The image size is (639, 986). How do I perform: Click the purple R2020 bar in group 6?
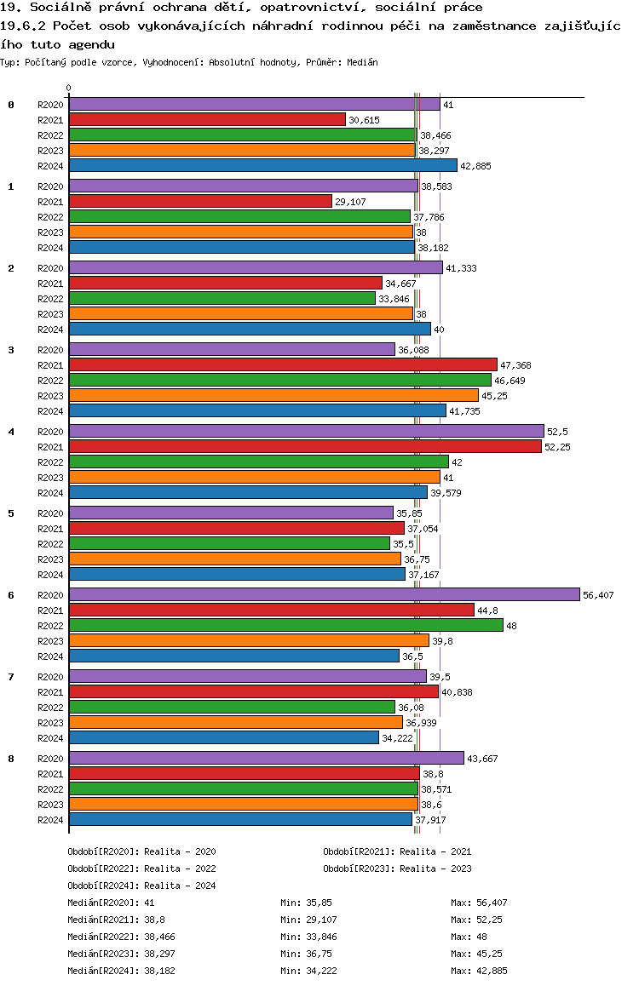coord(324,595)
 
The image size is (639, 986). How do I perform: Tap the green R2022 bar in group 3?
coord(279,381)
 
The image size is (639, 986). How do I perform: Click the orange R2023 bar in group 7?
coord(235,723)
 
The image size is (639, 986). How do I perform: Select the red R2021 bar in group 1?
coord(200,202)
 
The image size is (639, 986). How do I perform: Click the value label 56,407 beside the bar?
coord(598,595)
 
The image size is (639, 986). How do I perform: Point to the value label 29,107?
coord(350,202)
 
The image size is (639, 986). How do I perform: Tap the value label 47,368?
coord(515,365)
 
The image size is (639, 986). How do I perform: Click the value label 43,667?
coord(482,759)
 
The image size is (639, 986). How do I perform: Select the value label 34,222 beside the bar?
coord(398,738)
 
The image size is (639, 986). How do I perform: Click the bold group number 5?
coord(11,513)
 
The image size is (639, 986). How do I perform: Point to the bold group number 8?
coord(11,759)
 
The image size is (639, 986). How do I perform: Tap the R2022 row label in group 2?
coord(51,299)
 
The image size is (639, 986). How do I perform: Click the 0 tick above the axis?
coord(69,88)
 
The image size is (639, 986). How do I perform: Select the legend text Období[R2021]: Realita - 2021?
coord(397,851)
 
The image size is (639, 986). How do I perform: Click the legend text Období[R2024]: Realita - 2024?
coord(141,886)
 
